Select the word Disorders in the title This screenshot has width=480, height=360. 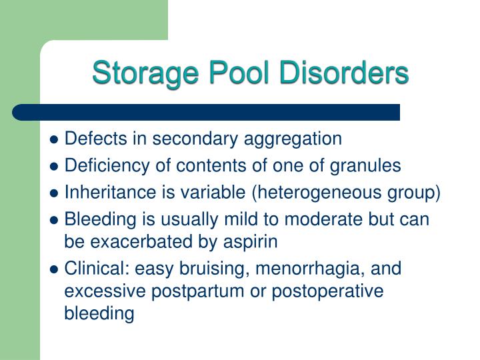click(340, 73)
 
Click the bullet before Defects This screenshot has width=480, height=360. click(55, 139)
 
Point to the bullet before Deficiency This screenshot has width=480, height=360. click(55, 166)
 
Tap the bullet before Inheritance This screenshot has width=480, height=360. click(55, 193)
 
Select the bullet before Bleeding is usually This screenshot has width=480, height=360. click(55, 220)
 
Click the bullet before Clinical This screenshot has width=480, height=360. click(55, 269)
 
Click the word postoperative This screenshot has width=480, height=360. click(317, 291)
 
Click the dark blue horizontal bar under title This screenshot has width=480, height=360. click(207, 112)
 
